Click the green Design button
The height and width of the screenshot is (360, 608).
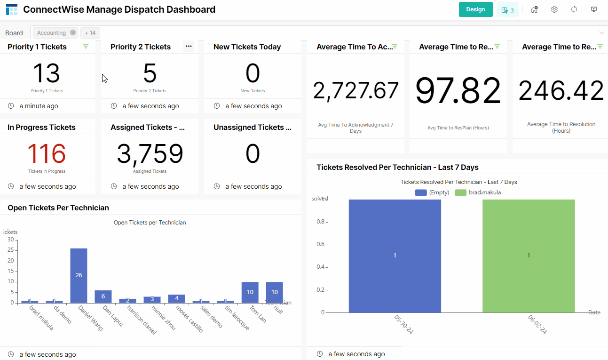(475, 9)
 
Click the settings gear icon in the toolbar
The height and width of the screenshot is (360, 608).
(554, 9)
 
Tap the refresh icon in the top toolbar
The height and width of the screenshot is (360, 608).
(574, 9)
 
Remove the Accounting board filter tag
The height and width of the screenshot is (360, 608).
(73, 32)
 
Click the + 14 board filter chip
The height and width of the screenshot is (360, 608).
(90, 33)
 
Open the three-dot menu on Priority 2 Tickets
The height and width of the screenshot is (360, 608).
(189, 46)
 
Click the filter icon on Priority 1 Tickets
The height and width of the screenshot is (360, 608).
(86, 46)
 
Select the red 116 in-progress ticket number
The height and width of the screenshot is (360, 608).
(47, 154)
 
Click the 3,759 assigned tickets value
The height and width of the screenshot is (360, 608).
(150, 154)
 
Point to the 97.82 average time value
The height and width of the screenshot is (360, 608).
(458, 91)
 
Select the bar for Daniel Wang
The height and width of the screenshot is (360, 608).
(79, 275)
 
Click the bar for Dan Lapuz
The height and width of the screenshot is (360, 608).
(103, 296)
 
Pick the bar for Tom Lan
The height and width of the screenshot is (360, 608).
(250, 292)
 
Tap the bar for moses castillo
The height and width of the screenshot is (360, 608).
(176, 298)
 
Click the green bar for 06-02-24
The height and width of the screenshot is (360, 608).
(529, 256)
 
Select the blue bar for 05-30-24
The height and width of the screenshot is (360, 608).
(395, 256)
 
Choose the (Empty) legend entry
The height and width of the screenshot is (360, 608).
(432, 192)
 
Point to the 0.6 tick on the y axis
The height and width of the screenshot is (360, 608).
(320, 244)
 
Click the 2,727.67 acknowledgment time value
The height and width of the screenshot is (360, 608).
(355, 91)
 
